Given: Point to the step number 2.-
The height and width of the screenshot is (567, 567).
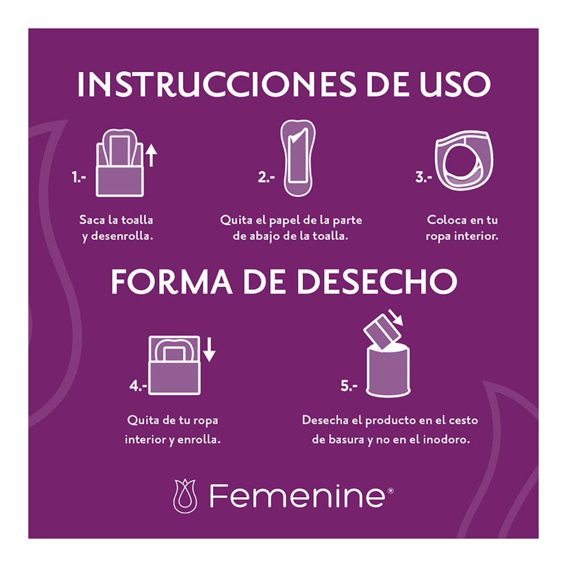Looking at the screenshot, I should [266, 177].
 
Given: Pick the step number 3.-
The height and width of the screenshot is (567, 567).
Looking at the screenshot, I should [424, 177].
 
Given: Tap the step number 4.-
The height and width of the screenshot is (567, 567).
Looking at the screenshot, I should [138, 386].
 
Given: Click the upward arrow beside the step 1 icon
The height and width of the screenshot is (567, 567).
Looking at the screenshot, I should [151, 154].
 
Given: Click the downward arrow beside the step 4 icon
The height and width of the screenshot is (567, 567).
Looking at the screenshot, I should [209, 350].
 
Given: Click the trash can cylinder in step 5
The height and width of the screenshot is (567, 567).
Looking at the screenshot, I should [389, 371].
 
